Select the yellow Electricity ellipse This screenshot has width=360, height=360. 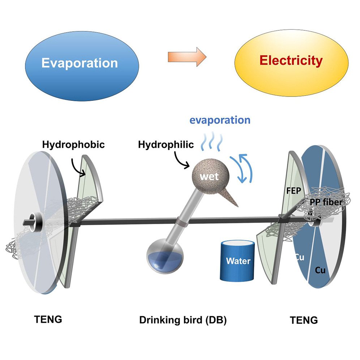tap(291, 60)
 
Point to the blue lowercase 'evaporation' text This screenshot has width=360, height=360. tap(221, 120)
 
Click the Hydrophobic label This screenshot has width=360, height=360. tap(73, 145)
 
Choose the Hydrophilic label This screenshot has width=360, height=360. tap(166, 145)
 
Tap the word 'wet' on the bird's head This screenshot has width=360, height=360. tap(210, 177)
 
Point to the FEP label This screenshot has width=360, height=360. tap(293, 191)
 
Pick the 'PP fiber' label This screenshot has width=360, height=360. tap(325, 202)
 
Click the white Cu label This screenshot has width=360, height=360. tap(300, 257)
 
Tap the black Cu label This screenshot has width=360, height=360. tap(320, 270)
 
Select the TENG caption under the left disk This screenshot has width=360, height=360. tap(48, 319)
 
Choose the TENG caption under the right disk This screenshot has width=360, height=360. tap(304, 320)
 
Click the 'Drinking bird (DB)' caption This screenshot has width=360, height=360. tap(183, 320)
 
